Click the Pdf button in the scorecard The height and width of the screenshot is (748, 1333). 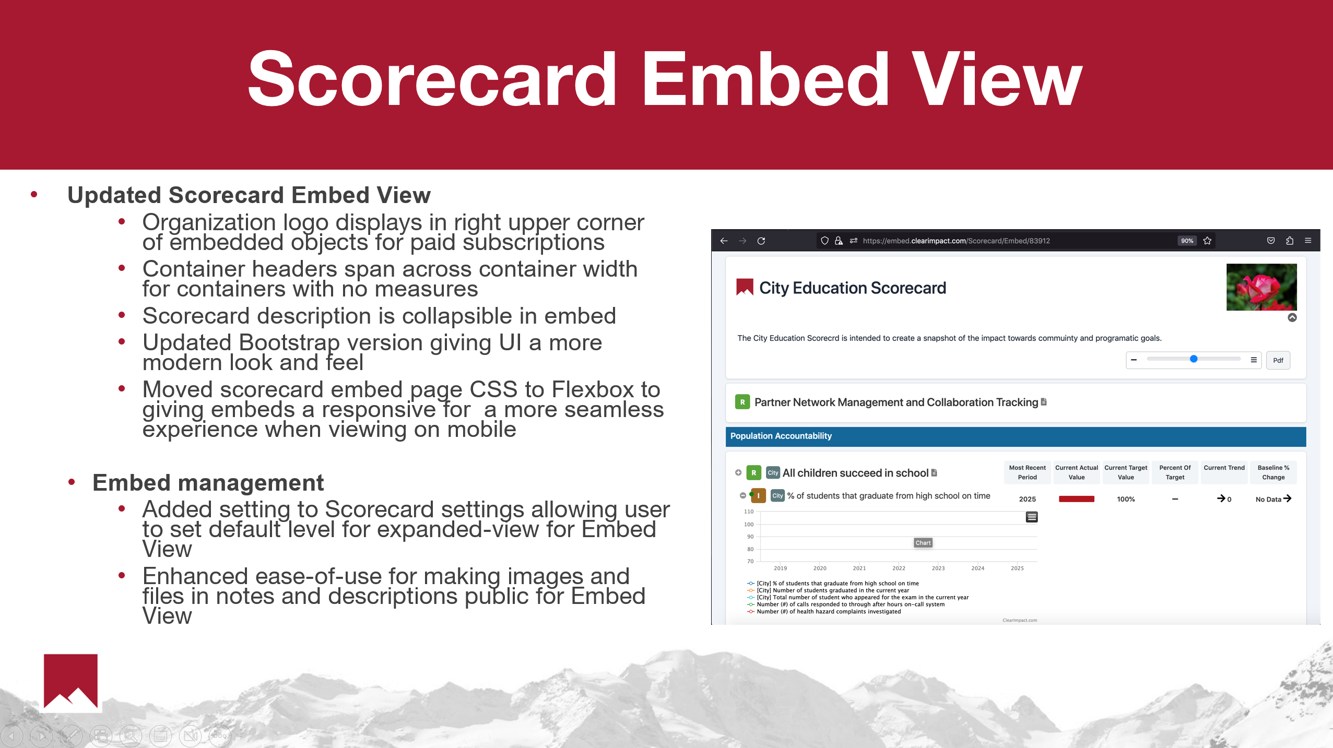pos(1278,360)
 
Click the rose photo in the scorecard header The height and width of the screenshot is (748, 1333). pos(1261,287)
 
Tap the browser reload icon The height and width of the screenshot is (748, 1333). pos(761,241)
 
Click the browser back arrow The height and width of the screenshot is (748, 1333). pos(724,241)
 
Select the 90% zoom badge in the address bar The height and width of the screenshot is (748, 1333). pos(1187,241)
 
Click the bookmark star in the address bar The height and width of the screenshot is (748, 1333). pos(1207,241)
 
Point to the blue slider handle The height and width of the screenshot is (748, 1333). pos(1194,359)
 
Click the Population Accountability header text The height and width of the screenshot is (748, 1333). pos(781,436)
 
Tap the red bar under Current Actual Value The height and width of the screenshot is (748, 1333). pos(1076,499)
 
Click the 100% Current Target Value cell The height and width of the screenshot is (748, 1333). pos(1126,499)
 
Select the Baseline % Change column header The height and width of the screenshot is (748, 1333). pos(1273,472)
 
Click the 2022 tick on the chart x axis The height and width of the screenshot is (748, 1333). pos(899,568)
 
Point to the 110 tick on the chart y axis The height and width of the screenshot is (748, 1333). pos(749,512)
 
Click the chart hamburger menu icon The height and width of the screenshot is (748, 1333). pos(1031,517)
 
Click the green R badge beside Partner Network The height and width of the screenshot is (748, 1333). pos(742,402)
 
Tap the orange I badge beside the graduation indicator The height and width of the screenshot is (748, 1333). pos(758,495)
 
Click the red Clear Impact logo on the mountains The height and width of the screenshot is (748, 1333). pos(70,681)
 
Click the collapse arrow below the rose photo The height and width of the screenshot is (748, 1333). pos(1292,317)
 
